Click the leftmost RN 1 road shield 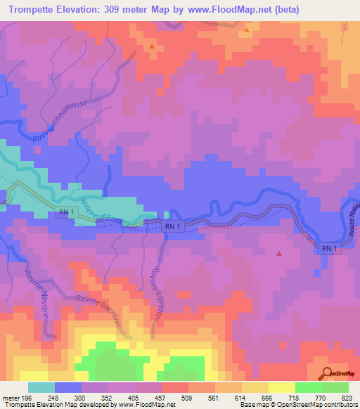coord(65,211)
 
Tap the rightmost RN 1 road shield coord(330,249)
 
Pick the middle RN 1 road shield coord(173,226)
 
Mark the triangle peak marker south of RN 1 coord(279,253)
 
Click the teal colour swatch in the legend coord(41,387)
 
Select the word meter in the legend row coord(10,398)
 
